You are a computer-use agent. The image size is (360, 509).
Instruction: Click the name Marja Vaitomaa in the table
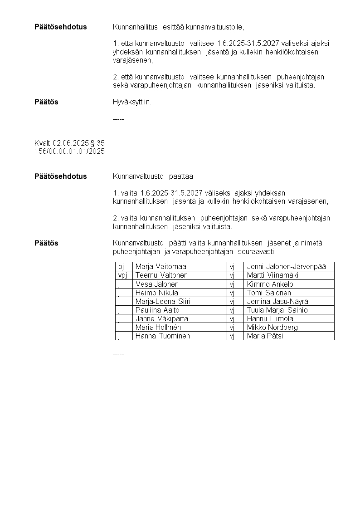[161, 267]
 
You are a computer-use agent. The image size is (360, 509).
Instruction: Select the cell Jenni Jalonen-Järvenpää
[286, 267]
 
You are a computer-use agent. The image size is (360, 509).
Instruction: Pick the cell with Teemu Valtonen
[161, 275]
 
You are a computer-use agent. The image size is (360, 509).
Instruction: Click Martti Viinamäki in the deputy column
[272, 275]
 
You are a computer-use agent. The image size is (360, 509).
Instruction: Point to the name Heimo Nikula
[156, 293]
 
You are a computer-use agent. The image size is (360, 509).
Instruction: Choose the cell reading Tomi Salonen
[269, 293]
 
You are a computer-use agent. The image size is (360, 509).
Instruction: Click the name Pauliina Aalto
[157, 310]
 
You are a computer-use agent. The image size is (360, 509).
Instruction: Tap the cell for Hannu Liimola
[270, 319]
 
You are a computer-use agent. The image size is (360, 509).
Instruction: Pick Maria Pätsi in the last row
[265, 336]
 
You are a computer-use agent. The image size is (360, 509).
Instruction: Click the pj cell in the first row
[121, 267]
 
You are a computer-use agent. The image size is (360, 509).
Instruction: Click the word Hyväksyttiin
[132, 102]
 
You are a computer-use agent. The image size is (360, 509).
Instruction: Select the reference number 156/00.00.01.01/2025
[69, 152]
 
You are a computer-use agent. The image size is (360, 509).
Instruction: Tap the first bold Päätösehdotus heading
[60, 27]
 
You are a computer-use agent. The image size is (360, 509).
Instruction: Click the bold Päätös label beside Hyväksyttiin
[46, 102]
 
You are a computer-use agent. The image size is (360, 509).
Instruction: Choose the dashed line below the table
[118, 353]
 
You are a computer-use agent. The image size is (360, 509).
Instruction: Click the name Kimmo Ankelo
[270, 284]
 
